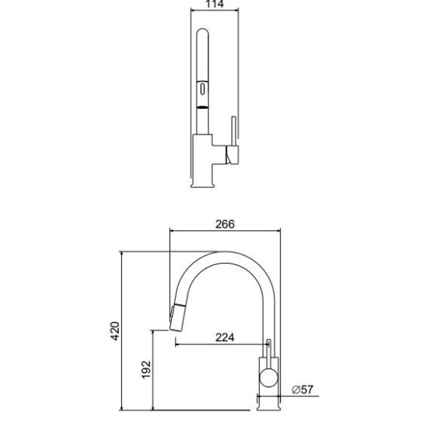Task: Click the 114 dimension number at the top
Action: click(x=215, y=4)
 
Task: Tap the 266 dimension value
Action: click(x=225, y=224)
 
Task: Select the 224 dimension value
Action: click(x=225, y=337)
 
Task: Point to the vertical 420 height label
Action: click(x=115, y=331)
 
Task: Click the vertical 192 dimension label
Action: click(x=146, y=369)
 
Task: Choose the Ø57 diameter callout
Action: click(x=302, y=389)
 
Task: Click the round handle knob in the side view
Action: click(x=268, y=378)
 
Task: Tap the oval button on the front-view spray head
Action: click(x=202, y=89)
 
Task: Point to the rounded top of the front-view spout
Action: click(x=202, y=31)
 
